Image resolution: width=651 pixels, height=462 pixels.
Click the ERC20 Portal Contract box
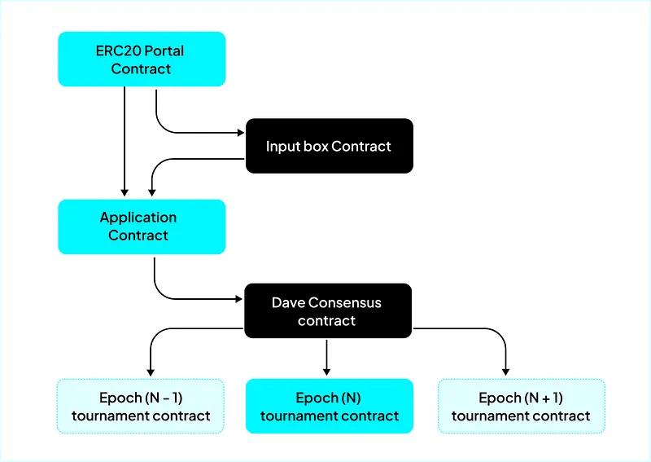(x=141, y=59)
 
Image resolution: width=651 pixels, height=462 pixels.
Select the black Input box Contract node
(x=329, y=146)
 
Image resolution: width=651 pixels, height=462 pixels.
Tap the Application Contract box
(x=141, y=227)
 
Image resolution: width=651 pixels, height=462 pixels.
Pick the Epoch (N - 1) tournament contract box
(x=141, y=406)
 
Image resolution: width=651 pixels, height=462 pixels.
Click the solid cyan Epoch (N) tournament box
(x=329, y=406)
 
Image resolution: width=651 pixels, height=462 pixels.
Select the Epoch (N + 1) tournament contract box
(x=521, y=406)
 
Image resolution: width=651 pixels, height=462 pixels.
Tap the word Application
(x=138, y=218)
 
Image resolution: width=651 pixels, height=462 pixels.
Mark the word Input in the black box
(x=282, y=147)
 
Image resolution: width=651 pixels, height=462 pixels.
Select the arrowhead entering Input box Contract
(x=241, y=132)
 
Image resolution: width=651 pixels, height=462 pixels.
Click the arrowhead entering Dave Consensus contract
(x=241, y=298)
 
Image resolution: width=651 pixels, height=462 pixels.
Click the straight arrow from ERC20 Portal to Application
(x=125, y=139)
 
